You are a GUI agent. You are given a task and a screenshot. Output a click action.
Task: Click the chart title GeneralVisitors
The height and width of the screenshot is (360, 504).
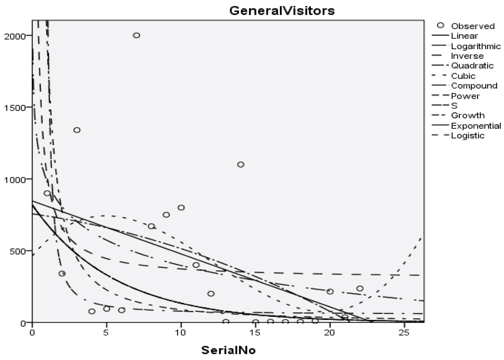[x=282, y=11]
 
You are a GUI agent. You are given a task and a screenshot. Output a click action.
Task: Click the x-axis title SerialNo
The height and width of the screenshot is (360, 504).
[x=228, y=350]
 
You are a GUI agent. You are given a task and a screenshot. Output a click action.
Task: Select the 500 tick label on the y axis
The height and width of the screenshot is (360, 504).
[x=17, y=251]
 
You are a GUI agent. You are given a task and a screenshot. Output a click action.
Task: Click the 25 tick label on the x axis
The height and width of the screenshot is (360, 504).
[x=405, y=332]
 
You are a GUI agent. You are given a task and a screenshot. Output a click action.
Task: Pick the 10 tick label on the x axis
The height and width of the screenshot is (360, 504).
[x=181, y=332]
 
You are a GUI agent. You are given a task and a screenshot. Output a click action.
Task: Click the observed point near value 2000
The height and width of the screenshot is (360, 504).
[x=136, y=35]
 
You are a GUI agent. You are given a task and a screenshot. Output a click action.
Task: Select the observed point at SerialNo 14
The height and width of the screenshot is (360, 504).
[x=241, y=164]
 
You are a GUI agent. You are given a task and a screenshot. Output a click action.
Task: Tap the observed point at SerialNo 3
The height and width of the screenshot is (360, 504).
[x=77, y=130]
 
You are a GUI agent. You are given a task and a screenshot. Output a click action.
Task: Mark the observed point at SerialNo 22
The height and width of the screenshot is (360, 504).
[x=360, y=288]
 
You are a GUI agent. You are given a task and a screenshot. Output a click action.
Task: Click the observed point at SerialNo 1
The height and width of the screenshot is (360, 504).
[x=47, y=193]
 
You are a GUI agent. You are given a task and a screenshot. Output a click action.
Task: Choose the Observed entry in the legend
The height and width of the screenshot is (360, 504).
[x=472, y=26]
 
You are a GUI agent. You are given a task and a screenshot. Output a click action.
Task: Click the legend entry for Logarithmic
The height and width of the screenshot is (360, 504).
[x=475, y=46]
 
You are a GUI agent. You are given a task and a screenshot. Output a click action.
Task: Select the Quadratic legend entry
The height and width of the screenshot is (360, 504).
[x=472, y=66]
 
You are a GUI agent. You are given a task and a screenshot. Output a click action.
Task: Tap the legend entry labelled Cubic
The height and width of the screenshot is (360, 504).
[x=463, y=76]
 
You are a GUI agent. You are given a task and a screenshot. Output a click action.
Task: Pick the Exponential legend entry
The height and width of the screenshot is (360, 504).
[x=476, y=126]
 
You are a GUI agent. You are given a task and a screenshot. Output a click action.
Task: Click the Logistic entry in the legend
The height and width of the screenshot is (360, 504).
[x=467, y=135]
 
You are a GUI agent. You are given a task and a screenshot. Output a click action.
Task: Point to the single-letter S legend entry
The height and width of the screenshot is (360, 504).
[x=454, y=106]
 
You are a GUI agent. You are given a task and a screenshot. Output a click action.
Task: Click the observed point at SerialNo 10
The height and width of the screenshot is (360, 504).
[x=181, y=208]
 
